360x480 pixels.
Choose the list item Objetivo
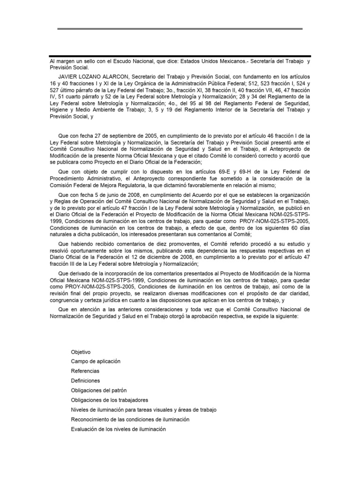[x=81, y=352]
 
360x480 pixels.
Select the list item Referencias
[x=85, y=371]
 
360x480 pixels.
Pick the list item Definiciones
[x=85, y=381]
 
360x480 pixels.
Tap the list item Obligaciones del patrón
[x=98, y=390]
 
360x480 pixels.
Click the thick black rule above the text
[x=180, y=56]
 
